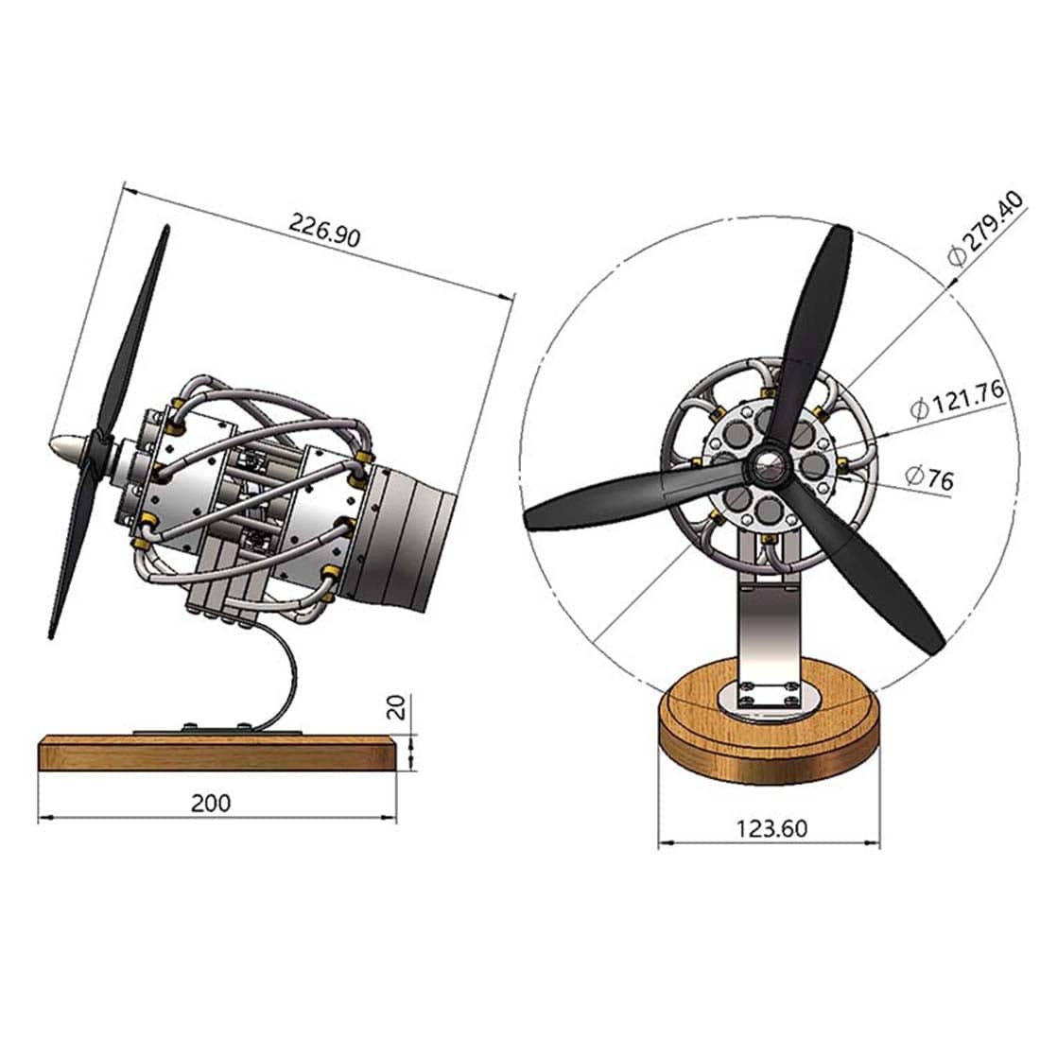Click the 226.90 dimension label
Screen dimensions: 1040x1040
tap(324, 231)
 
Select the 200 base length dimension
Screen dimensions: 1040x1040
tap(210, 803)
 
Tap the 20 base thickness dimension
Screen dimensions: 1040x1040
tap(398, 707)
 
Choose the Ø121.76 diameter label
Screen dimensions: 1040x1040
tap(957, 402)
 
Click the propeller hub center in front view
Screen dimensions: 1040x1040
tap(767, 464)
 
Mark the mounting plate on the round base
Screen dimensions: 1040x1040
tap(767, 701)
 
